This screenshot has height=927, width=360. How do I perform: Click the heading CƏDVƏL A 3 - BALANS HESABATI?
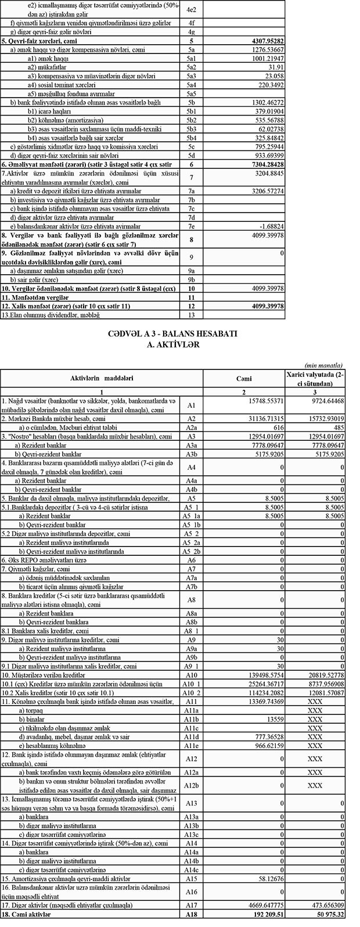[x=179, y=335]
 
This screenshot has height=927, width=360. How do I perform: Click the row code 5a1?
[x=191, y=59]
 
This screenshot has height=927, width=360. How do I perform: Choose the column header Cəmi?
[x=243, y=378]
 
